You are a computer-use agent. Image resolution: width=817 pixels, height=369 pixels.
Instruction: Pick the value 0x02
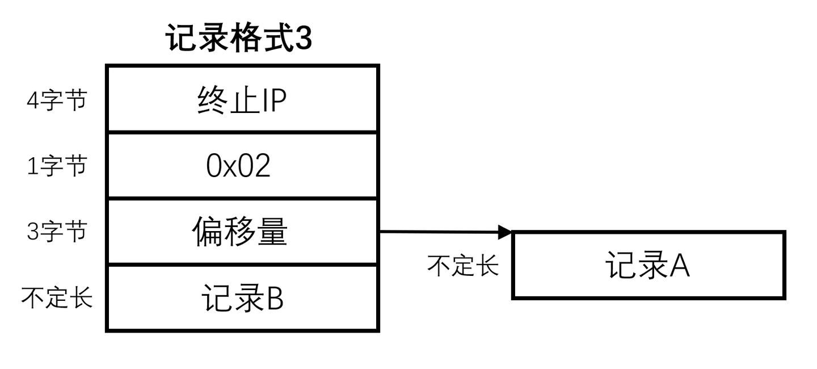click(238, 166)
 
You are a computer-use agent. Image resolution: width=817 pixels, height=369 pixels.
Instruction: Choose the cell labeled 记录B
click(242, 297)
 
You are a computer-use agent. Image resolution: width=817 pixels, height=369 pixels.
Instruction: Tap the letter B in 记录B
click(275, 298)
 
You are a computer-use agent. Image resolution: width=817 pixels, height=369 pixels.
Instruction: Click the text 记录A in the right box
click(647, 265)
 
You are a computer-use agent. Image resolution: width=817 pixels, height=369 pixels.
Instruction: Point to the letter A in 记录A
click(680, 265)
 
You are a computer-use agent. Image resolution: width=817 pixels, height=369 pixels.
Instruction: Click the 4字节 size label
click(57, 101)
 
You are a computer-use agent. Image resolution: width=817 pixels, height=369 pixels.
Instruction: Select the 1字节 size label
click(57, 166)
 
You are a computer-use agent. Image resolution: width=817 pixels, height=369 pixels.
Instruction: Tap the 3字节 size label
click(57, 232)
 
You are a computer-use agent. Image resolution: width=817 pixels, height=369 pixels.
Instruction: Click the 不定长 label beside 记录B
click(57, 297)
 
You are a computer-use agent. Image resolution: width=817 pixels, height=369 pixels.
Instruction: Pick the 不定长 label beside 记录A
click(462, 265)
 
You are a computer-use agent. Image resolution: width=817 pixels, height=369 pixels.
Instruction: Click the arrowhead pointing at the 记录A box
click(504, 232)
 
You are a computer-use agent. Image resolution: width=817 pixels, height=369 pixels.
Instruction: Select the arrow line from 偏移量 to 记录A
click(437, 232)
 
